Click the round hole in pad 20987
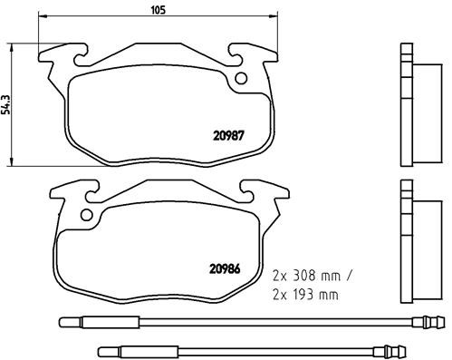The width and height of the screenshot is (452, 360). [x=241, y=79]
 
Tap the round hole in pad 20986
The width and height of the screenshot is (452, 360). [x=87, y=216]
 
